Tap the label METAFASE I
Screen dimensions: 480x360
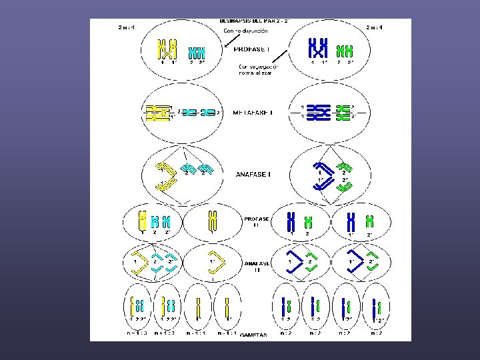point(252,113)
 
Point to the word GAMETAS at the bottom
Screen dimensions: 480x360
point(254,335)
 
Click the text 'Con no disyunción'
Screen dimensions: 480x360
point(246,31)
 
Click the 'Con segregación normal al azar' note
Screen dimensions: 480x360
point(257,69)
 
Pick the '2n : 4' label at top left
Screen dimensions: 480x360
point(125,27)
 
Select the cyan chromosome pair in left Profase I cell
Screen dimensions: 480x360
point(196,53)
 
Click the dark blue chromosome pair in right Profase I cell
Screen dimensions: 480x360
point(319,49)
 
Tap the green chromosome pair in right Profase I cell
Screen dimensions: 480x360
point(345,51)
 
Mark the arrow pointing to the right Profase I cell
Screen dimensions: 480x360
point(285,55)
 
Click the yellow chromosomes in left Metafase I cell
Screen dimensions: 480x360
point(159,113)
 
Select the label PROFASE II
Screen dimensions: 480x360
point(256,222)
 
